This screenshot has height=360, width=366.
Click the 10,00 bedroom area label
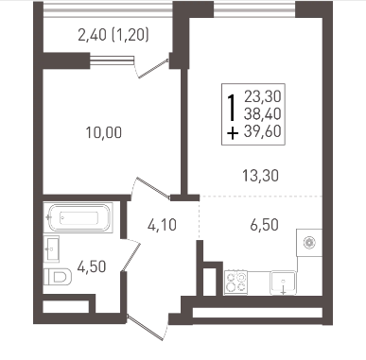pos(104,132)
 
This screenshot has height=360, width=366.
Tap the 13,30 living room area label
pos(261,176)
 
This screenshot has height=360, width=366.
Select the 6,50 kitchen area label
pos(264,225)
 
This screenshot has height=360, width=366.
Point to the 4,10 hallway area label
pos(162,225)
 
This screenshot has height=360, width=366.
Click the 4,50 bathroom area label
pos(92,267)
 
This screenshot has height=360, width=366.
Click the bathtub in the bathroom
pos(79,217)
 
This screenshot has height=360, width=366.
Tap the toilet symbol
pos(58,277)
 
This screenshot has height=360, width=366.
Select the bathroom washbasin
pos(51,249)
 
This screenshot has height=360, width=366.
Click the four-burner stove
pos(235,283)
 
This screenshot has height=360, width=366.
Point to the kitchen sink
pos(283,283)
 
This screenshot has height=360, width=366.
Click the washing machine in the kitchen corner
pos(309,243)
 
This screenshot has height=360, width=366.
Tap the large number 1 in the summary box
pos(233,108)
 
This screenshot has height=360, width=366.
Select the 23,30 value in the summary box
pos(263,96)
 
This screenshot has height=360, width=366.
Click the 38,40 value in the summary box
pos(263,113)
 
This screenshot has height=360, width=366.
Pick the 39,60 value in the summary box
pos(263,131)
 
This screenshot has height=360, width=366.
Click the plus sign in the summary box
pos(233,133)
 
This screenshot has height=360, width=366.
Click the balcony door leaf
pos(153,68)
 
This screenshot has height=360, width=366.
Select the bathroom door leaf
pos(131,256)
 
